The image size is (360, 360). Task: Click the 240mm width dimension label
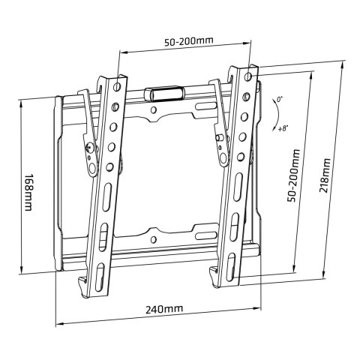(x=163, y=308)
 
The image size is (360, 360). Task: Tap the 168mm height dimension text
(x=28, y=193)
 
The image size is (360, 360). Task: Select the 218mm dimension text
(x=325, y=175)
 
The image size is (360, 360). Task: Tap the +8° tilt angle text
(x=283, y=129)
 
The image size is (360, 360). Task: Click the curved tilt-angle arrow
(x=271, y=113)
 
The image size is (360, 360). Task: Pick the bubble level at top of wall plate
(x=163, y=94)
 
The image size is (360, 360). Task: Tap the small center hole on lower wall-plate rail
(x=154, y=240)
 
